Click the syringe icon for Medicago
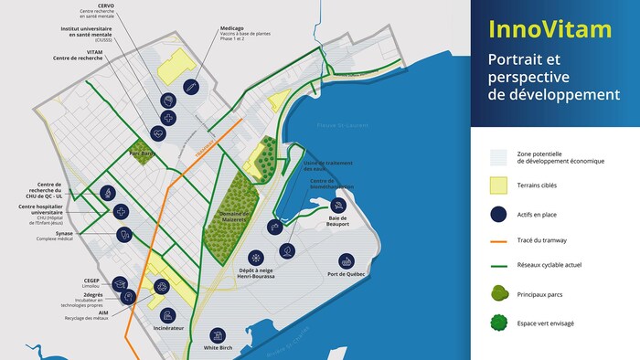(x=191, y=88)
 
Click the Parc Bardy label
(x=143, y=154)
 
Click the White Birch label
(x=218, y=347)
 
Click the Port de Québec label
(x=346, y=274)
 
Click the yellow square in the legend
(x=498, y=185)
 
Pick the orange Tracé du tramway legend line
(x=498, y=241)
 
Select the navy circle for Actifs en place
(x=498, y=215)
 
